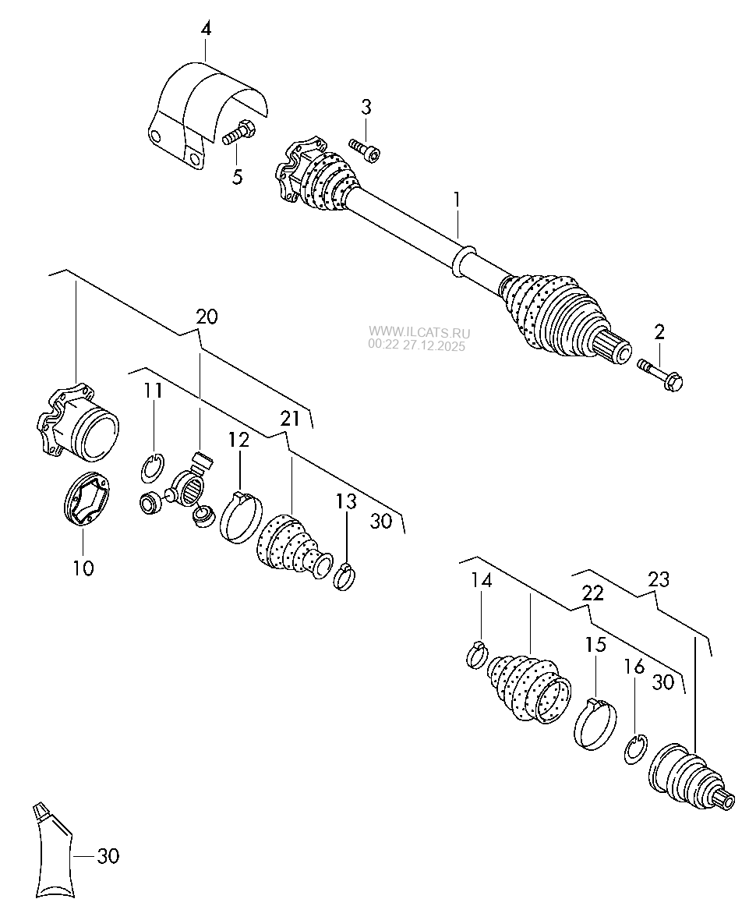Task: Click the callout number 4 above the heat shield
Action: coord(206,30)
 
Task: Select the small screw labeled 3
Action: coord(363,150)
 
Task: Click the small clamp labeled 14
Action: coord(476,654)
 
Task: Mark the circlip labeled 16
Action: coord(636,749)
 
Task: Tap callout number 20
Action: coord(207,317)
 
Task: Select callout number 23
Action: coord(659,579)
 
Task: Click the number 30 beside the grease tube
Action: coord(108,855)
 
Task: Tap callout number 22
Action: coord(592,593)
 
